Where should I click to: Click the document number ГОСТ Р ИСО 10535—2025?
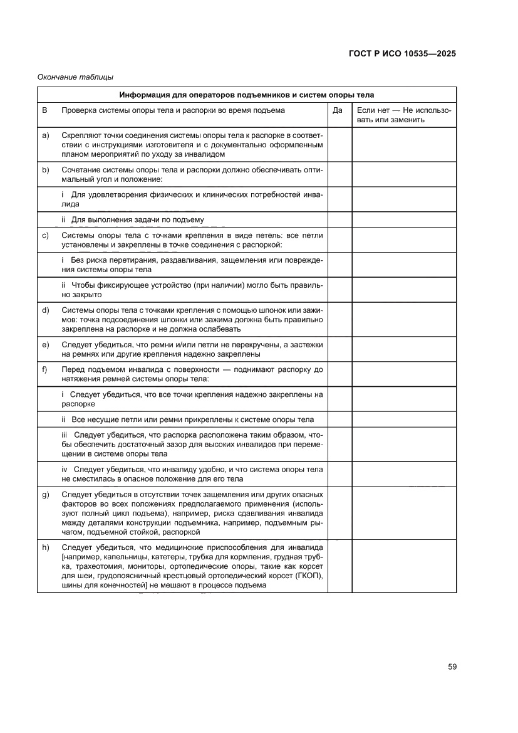click(x=402, y=53)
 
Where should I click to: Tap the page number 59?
click(x=452, y=667)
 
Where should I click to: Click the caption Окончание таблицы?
click(x=75, y=77)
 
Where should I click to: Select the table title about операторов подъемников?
click(x=247, y=95)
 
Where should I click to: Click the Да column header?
click(x=339, y=110)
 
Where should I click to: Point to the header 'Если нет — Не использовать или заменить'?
click(x=403, y=115)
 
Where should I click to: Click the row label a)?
click(x=46, y=135)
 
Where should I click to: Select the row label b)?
click(x=46, y=170)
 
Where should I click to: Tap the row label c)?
click(x=46, y=235)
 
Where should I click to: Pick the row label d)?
click(x=46, y=310)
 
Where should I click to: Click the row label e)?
click(x=46, y=344)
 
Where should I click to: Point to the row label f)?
click(x=46, y=369)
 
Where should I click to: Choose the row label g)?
click(x=46, y=495)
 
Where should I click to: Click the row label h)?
click(x=46, y=547)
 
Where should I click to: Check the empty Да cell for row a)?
click(x=339, y=144)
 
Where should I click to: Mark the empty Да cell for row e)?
click(x=339, y=349)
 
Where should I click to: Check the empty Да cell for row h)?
click(x=339, y=566)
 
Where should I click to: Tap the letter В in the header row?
click(x=45, y=110)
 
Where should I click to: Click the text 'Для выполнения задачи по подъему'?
click(x=137, y=219)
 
